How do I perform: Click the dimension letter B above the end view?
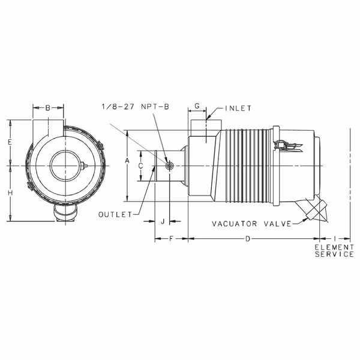pyautogui.click(x=48, y=107)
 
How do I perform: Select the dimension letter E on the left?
pyautogui.click(x=10, y=142)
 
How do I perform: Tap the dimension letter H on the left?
pyautogui.click(x=10, y=193)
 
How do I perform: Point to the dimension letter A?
pyautogui.click(x=127, y=161)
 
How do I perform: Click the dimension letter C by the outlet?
pyautogui.click(x=141, y=166)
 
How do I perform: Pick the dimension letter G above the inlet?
pyautogui.click(x=197, y=106)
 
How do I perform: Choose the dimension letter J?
pyautogui.click(x=163, y=221)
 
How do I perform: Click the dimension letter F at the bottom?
pyautogui.click(x=171, y=239)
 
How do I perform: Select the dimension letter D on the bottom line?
pyautogui.click(x=247, y=239)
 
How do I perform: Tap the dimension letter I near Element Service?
pyautogui.click(x=335, y=239)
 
